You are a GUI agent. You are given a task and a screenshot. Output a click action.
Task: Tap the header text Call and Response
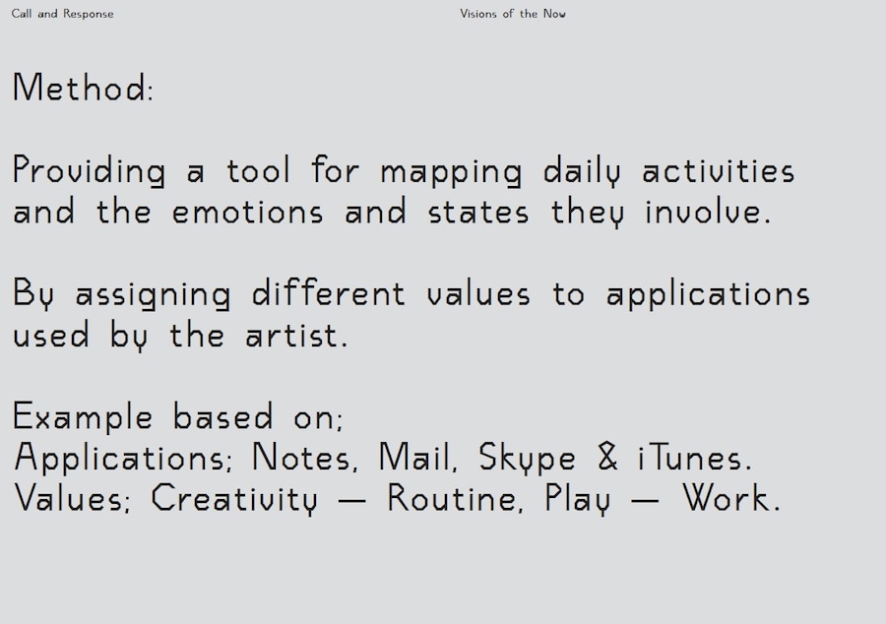62,14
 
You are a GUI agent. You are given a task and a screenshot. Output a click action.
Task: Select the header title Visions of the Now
513,14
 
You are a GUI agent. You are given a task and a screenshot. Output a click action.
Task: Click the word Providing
90,170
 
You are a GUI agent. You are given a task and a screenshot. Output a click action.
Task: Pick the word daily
582,170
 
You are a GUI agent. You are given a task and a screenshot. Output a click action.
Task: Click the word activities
719,170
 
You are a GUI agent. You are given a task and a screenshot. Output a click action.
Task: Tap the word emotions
247,213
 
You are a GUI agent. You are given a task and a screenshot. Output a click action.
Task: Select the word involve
708,212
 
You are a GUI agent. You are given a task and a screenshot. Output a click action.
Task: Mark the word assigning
154,294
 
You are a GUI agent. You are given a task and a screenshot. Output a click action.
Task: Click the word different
328,293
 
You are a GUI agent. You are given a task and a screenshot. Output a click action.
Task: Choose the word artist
296,335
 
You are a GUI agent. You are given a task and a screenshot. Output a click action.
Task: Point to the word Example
83,416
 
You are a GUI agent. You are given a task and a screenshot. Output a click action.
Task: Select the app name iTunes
694,457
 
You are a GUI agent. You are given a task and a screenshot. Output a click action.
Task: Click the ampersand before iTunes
607,457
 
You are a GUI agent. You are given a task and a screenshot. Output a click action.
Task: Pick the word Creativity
234,499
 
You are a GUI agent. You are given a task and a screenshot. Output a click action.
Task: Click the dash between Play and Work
644,500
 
